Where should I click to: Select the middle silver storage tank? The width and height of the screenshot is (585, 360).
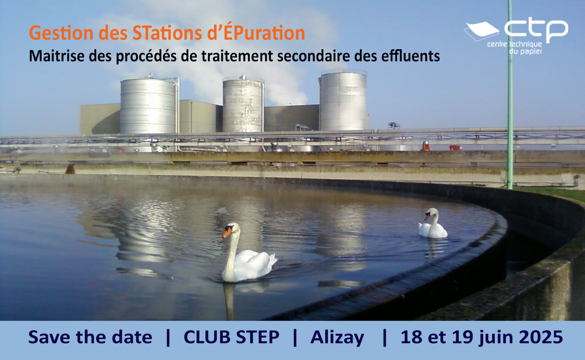pos(243,105)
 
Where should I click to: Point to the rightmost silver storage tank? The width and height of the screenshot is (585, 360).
pos(343,102)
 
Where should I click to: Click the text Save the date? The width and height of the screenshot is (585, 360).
pos(90,337)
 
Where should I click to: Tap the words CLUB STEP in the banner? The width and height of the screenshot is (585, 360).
pos(231,337)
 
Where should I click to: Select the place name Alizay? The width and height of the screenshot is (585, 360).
pos(337,337)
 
